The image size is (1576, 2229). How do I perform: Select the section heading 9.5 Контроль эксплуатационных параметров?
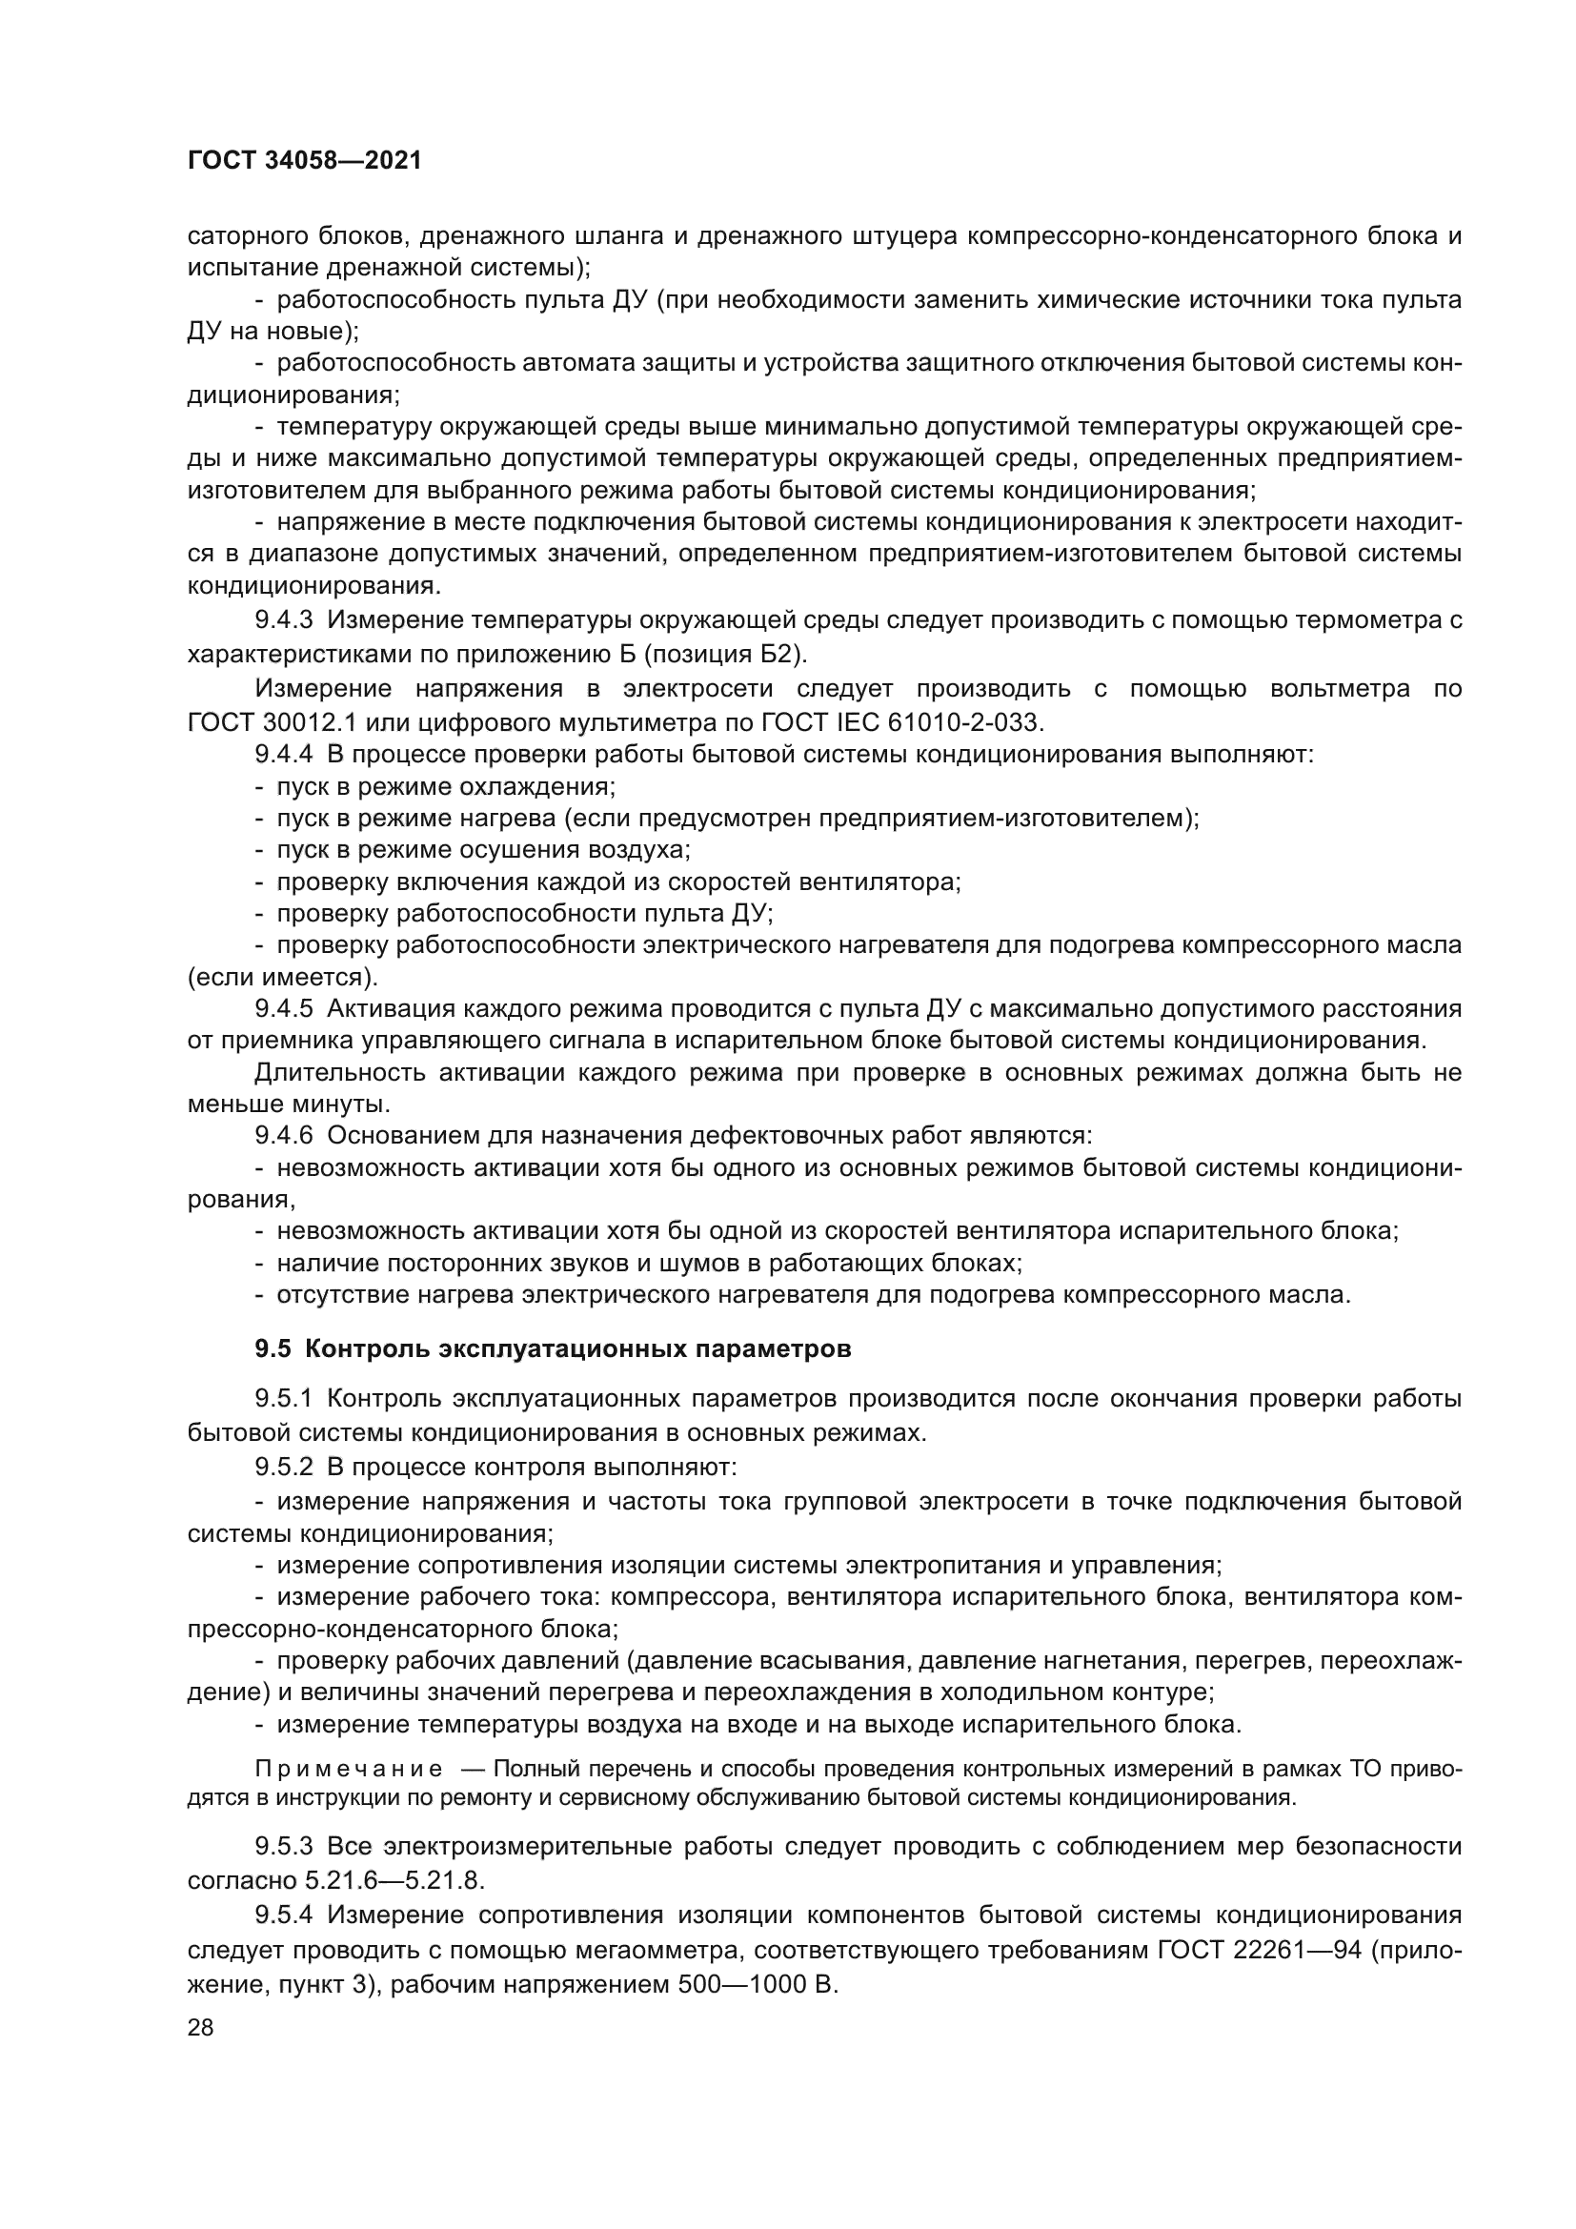click(554, 1349)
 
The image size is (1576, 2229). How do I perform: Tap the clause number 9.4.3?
click(284, 620)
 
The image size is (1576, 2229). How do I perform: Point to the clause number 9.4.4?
click(284, 755)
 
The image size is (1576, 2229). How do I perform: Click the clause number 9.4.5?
click(284, 1009)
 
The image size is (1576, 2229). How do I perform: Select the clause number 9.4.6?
click(284, 1136)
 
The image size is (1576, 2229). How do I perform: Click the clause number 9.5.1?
click(284, 1399)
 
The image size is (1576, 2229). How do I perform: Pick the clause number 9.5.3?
click(284, 1847)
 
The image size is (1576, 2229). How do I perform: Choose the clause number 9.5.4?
click(284, 1915)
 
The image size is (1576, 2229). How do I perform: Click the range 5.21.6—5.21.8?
click(394, 1880)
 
